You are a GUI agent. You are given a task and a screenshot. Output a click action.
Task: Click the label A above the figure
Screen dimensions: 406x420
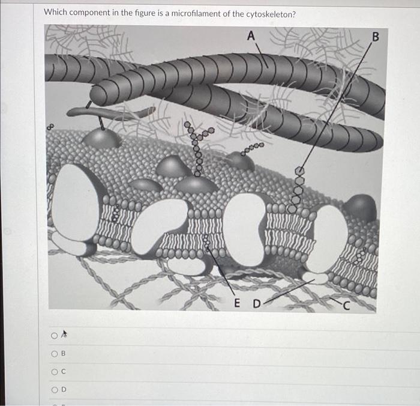coord(251,37)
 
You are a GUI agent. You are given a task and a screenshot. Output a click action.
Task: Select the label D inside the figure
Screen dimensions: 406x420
coord(256,303)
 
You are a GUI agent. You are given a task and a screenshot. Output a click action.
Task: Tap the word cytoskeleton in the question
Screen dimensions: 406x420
coord(265,13)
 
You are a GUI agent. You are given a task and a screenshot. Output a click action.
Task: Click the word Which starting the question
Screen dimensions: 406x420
coord(57,13)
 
